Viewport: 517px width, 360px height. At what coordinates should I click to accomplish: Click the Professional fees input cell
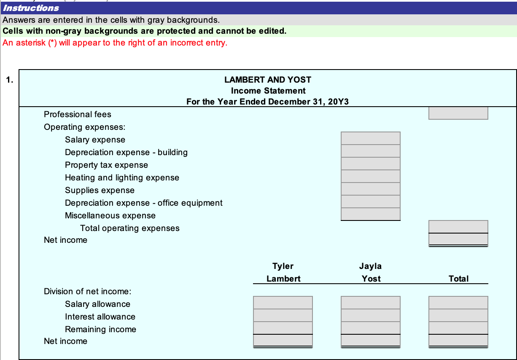point(458,113)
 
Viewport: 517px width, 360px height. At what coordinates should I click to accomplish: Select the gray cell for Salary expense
point(370,138)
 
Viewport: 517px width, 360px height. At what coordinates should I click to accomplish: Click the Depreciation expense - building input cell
point(370,151)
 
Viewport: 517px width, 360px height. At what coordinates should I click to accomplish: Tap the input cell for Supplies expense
point(370,189)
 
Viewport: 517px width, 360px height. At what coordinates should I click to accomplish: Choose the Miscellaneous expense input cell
point(370,214)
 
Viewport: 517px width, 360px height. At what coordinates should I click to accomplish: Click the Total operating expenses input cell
point(458,227)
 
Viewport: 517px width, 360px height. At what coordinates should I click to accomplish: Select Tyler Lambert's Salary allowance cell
point(283,303)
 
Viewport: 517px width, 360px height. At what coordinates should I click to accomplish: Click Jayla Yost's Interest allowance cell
point(370,315)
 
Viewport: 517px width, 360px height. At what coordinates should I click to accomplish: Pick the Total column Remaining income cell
point(458,328)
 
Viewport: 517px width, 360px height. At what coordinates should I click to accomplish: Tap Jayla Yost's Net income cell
point(370,340)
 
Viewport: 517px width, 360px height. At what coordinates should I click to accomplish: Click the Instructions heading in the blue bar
point(31,8)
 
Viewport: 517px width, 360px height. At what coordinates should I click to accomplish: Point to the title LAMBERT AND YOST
point(268,80)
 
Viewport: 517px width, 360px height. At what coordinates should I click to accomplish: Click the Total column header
point(458,279)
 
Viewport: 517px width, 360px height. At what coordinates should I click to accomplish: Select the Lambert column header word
point(283,279)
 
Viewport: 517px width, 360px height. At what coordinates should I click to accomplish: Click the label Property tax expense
point(106,165)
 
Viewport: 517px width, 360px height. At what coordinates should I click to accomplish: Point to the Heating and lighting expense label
point(122,177)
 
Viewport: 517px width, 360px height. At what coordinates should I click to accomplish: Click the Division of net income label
point(88,291)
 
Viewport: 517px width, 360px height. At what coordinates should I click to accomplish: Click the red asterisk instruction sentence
point(115,43)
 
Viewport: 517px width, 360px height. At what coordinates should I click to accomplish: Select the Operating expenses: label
point(84,127)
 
